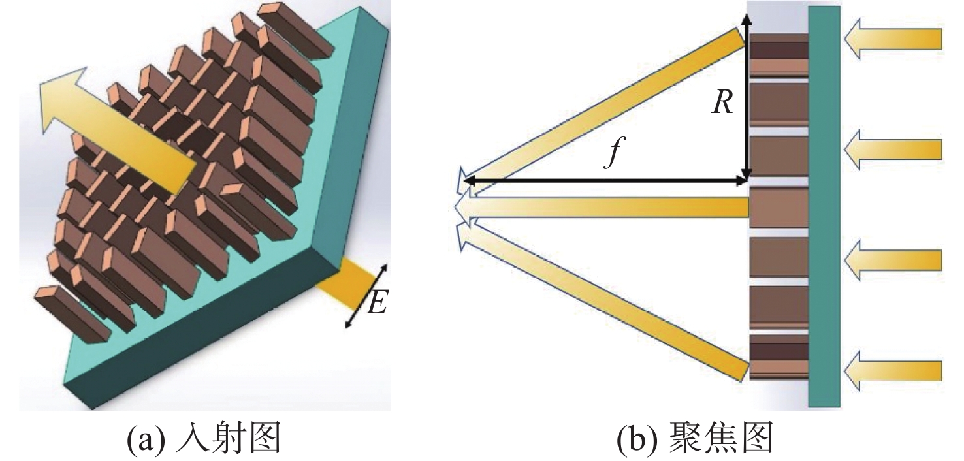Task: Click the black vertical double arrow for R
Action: pos(747,95)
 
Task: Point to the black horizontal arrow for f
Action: pos(605,182)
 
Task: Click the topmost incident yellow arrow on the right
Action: pos(893,39)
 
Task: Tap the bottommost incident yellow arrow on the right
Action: pos(893,371)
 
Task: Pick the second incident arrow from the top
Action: pos(893,150)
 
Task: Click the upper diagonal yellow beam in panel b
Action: pos(602,110)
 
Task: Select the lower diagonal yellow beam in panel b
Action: pos(602,301)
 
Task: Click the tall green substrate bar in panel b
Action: pos(824,206)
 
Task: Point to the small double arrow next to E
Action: pos(366,296)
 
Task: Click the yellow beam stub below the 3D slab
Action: pos(345,282)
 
